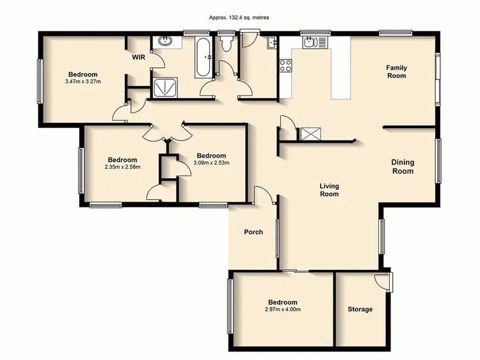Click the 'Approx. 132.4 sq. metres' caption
coord(239,18)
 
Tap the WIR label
coord(139,58)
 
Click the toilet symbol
coord(225,44)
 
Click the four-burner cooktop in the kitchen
coord(285,65)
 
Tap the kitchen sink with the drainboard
coord(315,42)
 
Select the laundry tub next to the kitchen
coord(271,44)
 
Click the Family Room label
coord(396,72)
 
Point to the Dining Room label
coord(403,167)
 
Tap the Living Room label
coord(329,190)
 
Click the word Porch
coord(253,232)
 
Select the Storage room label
coord(360,309)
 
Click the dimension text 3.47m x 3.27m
coord(83,82)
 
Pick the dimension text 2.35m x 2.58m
coord(122,168)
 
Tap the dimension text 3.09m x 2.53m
coord(211,163)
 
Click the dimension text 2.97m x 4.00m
coord(282,310)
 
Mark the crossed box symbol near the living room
coord(310,133)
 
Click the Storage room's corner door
coord(383,280)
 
